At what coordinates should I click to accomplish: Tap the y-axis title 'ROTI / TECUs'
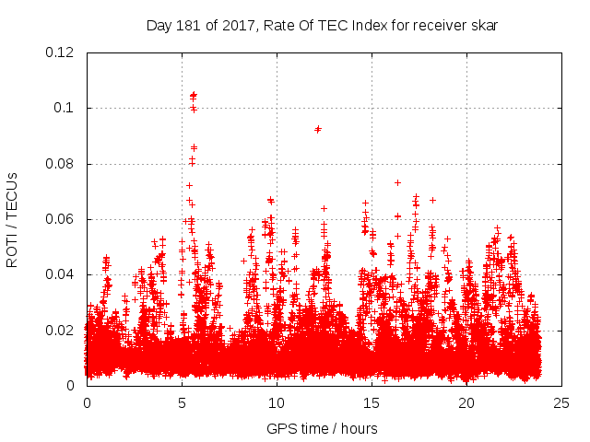[12, 220]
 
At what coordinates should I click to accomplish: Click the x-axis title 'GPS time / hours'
[322, 428]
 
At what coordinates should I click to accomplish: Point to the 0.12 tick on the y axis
[60, 52]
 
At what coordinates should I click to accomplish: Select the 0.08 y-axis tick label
[60, 164]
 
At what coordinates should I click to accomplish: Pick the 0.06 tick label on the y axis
[60, 219]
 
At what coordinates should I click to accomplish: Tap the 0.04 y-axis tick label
[60, 274]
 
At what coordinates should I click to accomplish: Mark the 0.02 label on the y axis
[60, 331]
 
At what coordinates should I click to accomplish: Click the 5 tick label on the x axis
[182, 403]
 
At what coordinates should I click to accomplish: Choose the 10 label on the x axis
[277, 403]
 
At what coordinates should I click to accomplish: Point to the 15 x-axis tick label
[372, 403]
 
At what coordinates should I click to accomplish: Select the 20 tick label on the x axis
[466, 403]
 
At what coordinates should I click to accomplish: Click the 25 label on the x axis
[561, 403]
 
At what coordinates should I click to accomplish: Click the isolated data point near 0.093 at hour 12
[317, 129]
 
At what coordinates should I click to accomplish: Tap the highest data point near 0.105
[193, 95]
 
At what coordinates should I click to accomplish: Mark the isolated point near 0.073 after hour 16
[397, 182]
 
